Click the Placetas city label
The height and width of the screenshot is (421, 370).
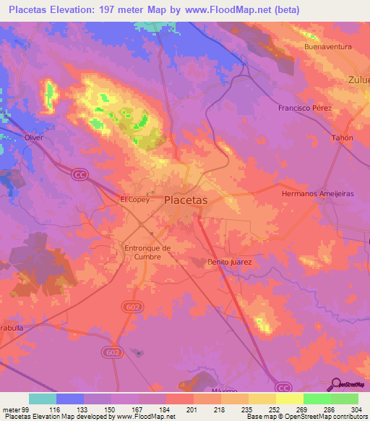[186, 200]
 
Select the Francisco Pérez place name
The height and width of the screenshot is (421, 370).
[305, 108]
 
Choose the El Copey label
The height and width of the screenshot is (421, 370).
[134, 200]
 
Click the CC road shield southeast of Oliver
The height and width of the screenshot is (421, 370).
[79, 174]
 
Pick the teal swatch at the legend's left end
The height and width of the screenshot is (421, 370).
[43, 399]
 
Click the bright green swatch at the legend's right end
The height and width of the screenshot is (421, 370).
[345, 399]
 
